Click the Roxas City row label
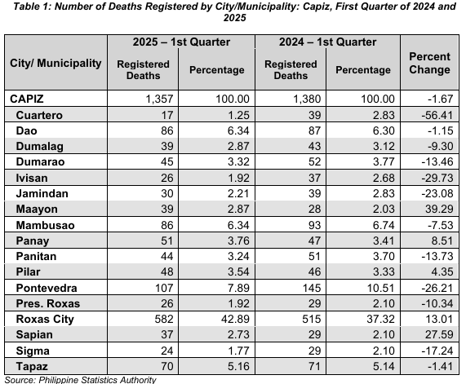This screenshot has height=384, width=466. point(45,319)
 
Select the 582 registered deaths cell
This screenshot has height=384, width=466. point(164,319)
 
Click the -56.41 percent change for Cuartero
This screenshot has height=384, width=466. point(437,115)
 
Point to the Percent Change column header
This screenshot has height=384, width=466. point(429,63)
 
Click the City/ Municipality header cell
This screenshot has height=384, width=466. point(55,63)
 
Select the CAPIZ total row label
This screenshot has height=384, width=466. point(27,99)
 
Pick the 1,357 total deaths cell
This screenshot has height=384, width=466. point(159,99)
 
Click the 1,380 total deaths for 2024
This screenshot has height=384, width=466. point(307,99)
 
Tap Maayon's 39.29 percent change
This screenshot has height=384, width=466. point(439,209)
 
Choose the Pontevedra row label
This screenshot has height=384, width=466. point(47,288)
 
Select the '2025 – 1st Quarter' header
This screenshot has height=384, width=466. point(181,42)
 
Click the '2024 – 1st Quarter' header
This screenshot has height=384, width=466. point(327,42)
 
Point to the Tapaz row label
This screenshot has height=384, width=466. point(32,366)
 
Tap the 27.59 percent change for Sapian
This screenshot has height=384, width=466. point(439,334)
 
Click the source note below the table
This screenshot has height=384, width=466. point(80,380)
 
